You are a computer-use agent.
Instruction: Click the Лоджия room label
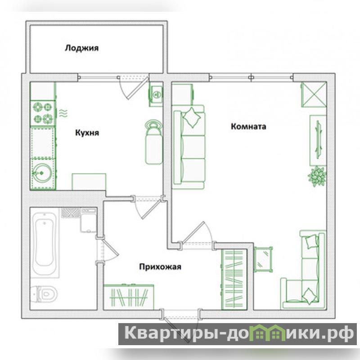point(82,48)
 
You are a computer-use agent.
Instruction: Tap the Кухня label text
point(87,133)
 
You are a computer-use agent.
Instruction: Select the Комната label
point(248,126)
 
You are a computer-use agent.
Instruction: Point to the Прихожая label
point(160,267)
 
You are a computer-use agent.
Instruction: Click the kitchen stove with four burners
point(43,113)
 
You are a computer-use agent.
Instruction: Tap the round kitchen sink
point(41,173)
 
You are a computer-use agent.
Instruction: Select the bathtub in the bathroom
point(44,243)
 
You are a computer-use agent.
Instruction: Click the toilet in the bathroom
point(45,294)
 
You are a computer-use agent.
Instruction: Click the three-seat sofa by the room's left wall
point(188,147)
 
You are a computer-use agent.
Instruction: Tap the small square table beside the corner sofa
point(263,259)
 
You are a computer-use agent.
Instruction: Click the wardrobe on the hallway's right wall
point(234,279)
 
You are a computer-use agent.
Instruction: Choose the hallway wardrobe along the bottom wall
point(129,297)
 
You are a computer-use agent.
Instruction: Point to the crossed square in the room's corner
point(314,94)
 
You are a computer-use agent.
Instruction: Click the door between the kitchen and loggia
point(133,88)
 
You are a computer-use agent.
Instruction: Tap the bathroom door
point(108,250)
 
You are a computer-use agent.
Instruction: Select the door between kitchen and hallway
point(148,207)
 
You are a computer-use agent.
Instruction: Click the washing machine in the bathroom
point(88,220)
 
